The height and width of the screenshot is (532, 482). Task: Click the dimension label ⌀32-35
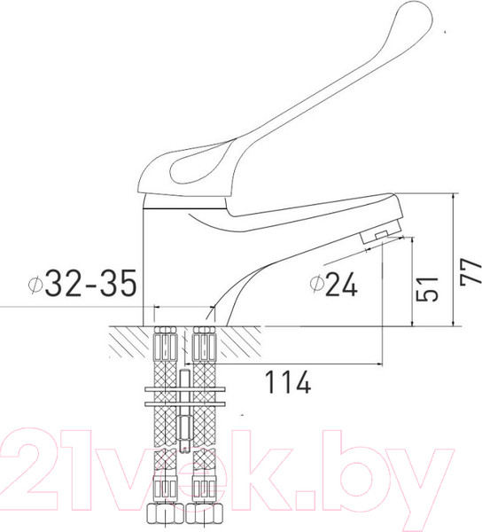[x=82, y=284]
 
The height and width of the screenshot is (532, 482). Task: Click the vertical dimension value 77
[x=469, y=267]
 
